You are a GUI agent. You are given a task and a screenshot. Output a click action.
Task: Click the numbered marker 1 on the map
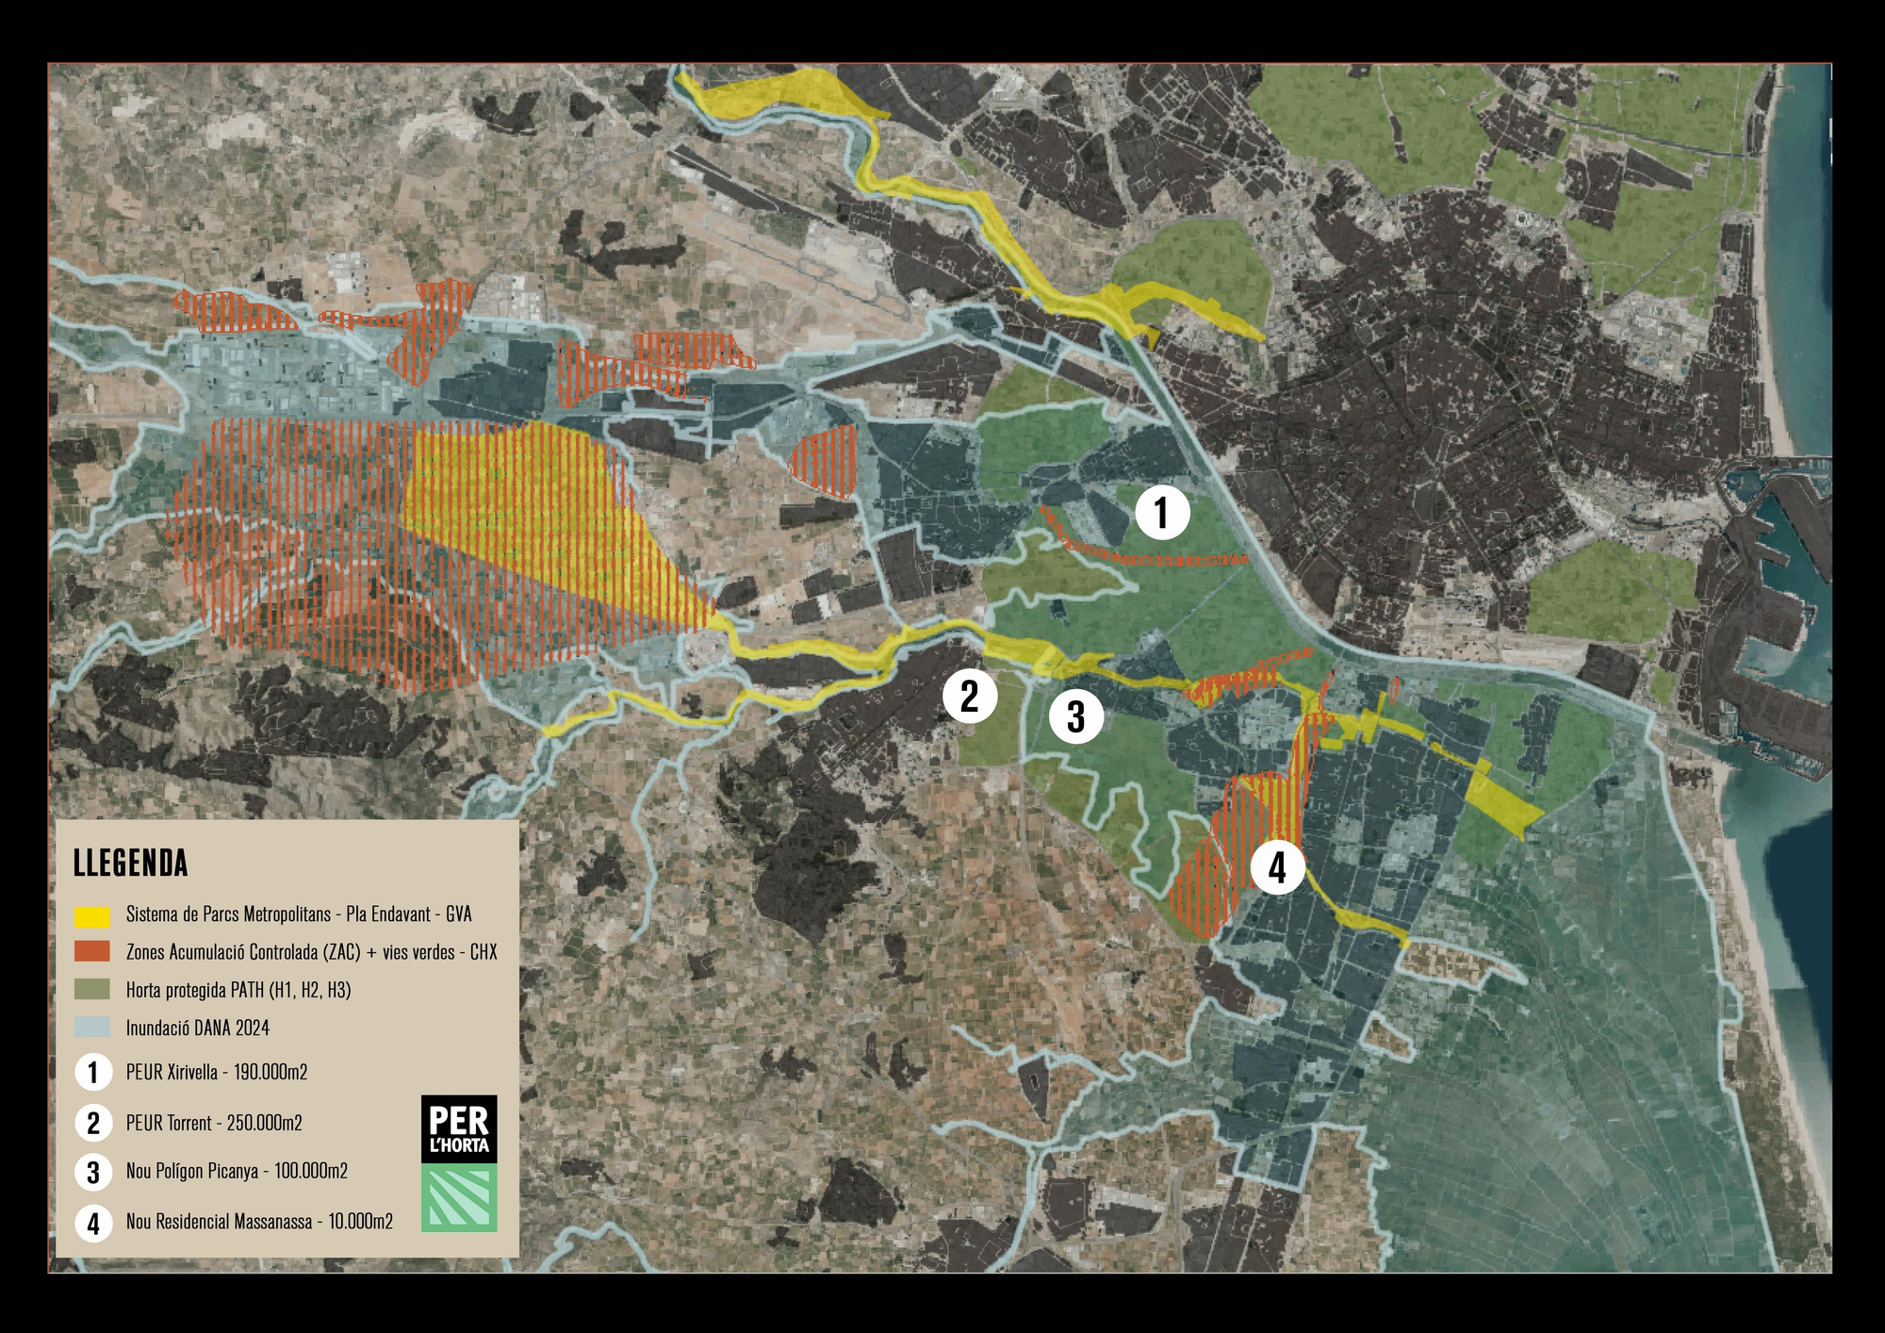[1162, 513]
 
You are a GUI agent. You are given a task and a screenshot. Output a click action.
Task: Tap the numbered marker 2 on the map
[970, 696]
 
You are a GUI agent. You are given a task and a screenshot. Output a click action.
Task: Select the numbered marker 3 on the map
[1076, 716]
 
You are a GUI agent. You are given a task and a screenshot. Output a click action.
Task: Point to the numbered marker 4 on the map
[1277, 867]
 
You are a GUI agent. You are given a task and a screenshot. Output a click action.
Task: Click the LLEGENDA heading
[131, 864]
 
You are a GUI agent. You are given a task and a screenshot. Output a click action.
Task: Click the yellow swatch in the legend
[92, 915]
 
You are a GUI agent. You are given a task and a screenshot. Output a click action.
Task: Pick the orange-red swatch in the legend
[92, 952]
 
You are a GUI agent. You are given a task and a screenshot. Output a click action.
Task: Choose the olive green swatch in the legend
[92, 990]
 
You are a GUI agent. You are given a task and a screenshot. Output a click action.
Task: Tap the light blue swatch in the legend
[92, 1028]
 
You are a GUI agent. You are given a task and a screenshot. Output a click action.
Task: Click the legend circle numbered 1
[93, 1072]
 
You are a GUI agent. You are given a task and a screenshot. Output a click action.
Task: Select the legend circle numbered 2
[93, 1123]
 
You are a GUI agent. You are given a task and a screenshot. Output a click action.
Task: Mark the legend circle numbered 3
[93, 1172]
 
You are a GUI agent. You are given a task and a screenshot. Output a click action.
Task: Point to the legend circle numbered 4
[93, 1223]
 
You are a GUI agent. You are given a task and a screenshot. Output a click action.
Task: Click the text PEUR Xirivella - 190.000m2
[217, 1072]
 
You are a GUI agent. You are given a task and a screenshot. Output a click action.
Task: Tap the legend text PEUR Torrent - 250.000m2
[214, 1123]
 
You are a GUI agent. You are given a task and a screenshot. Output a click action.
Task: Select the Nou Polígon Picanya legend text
[237, 1171]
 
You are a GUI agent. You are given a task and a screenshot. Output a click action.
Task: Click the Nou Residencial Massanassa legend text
[259, 1222]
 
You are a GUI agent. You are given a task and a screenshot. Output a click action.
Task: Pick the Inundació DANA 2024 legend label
[198, 1028]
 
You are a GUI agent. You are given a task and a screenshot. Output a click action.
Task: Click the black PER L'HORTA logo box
[459, 1128]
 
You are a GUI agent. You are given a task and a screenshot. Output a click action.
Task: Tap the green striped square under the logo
[459, 1197]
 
